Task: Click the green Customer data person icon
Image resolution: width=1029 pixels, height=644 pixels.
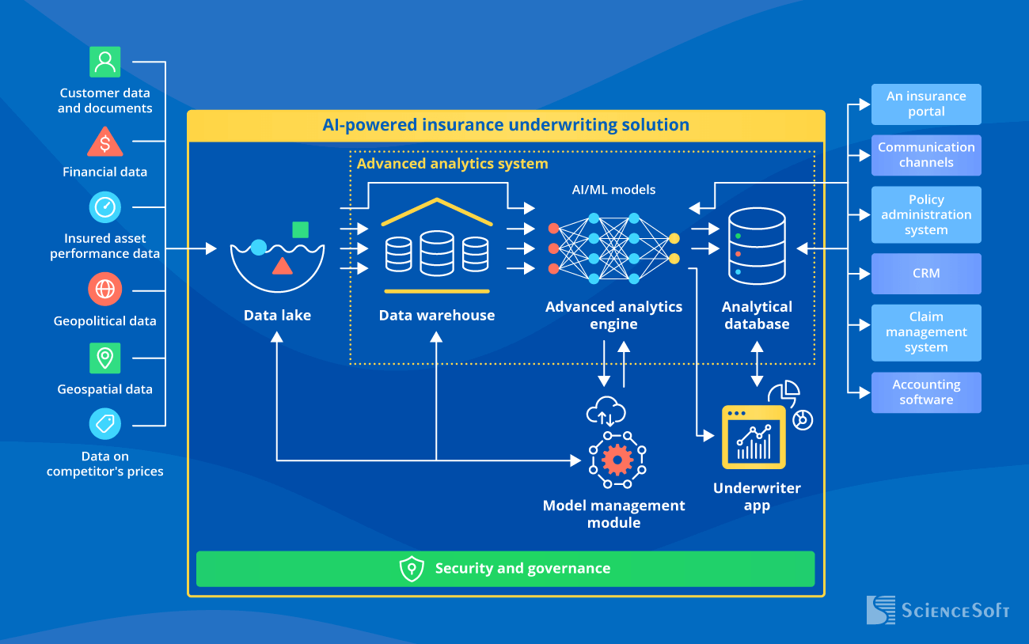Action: pyautogui.click(x=104, y=62)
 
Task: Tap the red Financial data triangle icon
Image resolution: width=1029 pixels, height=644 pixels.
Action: pyautogui.click(x=104, y=143)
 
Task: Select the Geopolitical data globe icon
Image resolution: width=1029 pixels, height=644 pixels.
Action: pyautogui.click(x=104, y=289)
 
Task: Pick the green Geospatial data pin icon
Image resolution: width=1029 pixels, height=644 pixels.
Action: pyautogui.click(x=104, y=358)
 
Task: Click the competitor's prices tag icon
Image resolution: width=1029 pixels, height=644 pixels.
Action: pyautogui.click(x=104, y=424)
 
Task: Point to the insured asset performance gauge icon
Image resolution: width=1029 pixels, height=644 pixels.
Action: pyautogui.click(x=104, y=207)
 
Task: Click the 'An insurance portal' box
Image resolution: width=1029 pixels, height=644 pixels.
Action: pyautogui.click(x=926, y=104)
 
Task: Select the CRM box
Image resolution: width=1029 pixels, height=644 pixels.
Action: pyautogui.click(x=926, y=274)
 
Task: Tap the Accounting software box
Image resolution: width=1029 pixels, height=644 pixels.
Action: pyautogui.click(x=926, y=392)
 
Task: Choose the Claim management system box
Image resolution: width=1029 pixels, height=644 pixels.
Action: pyautogui.click(x=926, y=332)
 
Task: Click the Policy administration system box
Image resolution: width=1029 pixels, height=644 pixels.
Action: pyautogui.click(x=926, y=214)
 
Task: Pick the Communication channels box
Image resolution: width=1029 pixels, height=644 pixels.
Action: pyautogui.click(x=926, y=155)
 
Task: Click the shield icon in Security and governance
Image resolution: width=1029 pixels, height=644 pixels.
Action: pyautogui.click(x=412, y=569)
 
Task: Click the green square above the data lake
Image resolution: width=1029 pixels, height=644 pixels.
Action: pyautogui.click(x=300, y=229)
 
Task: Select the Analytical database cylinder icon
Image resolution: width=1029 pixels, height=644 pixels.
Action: pyautogui.click(x=758, y=245)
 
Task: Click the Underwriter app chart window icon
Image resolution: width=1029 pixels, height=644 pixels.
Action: pyautogui.click(x=754, y=438)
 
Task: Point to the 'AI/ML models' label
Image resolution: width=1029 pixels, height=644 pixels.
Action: pyautogui.click(x=613, y=190)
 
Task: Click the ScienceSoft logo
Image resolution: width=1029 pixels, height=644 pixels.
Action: pyautogui.click(x=937, y=611)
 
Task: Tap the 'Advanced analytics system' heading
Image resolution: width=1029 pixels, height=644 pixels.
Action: pyautogui.click(x=452, y=164)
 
